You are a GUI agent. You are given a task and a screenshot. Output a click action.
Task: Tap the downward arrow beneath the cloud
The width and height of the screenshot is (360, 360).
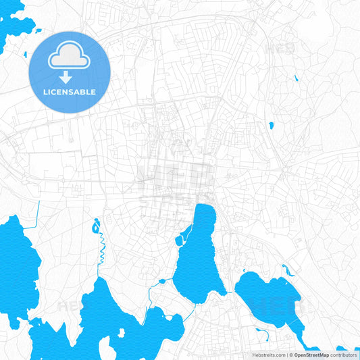pos(66,78)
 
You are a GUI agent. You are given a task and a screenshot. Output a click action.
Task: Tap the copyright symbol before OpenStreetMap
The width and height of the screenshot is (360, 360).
pos(290,355)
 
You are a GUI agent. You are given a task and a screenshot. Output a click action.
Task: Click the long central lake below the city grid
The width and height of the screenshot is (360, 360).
pos(199,257)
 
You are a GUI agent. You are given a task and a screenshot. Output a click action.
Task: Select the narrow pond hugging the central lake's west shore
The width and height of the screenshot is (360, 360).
pos(181,236)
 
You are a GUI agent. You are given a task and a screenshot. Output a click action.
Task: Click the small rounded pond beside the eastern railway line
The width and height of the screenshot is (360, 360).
pos(271,125)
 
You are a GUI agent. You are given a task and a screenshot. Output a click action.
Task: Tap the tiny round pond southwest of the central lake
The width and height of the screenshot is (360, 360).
pos(161,281)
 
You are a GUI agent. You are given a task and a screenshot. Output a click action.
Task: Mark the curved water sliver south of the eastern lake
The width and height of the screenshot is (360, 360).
pos(263,332)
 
